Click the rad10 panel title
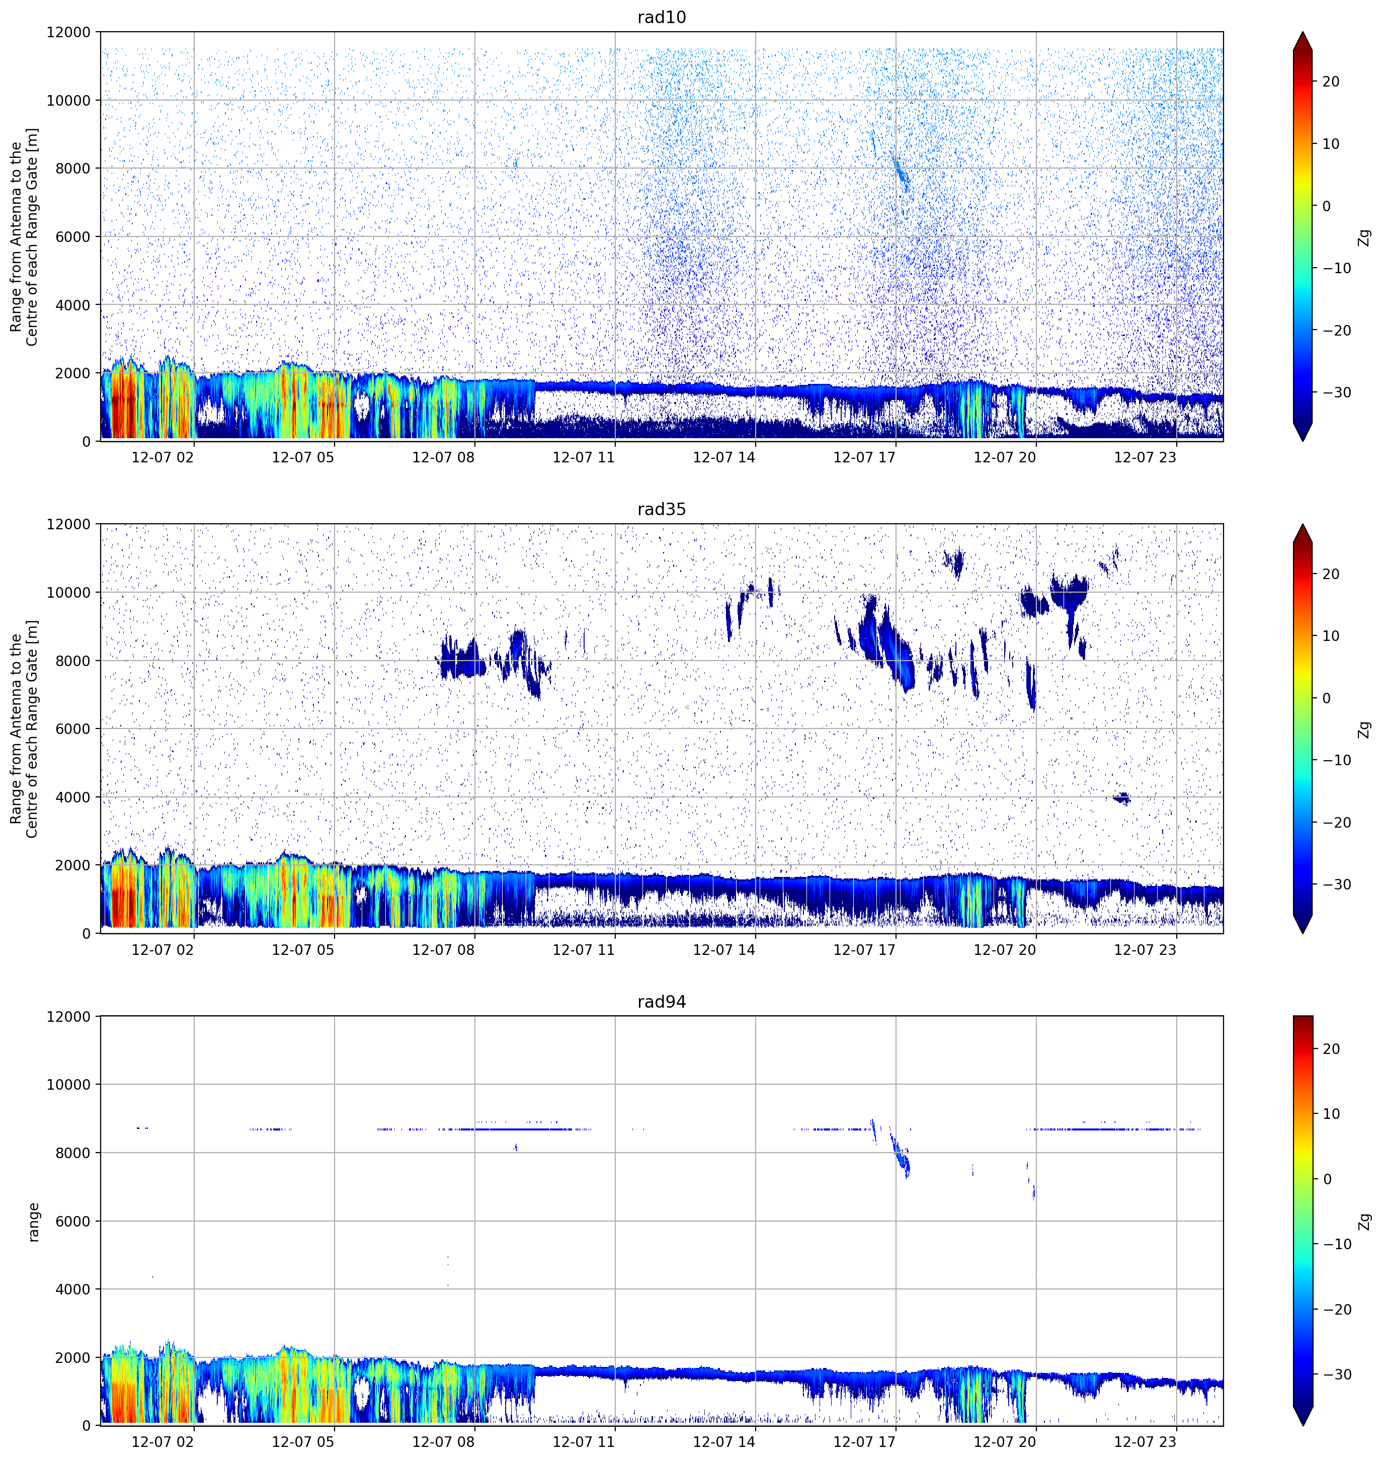coord(662,17)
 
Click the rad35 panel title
coord(662,509)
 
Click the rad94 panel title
coord(662,1002)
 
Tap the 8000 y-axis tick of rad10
coord(73,169)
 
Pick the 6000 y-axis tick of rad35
coord(73,729)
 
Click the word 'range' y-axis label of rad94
coord(33,1222)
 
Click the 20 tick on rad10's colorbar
coord(1330,82)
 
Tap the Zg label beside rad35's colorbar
coord(1364,729)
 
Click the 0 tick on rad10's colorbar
coord(1327,206)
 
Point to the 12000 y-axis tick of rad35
coord(69,524)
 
